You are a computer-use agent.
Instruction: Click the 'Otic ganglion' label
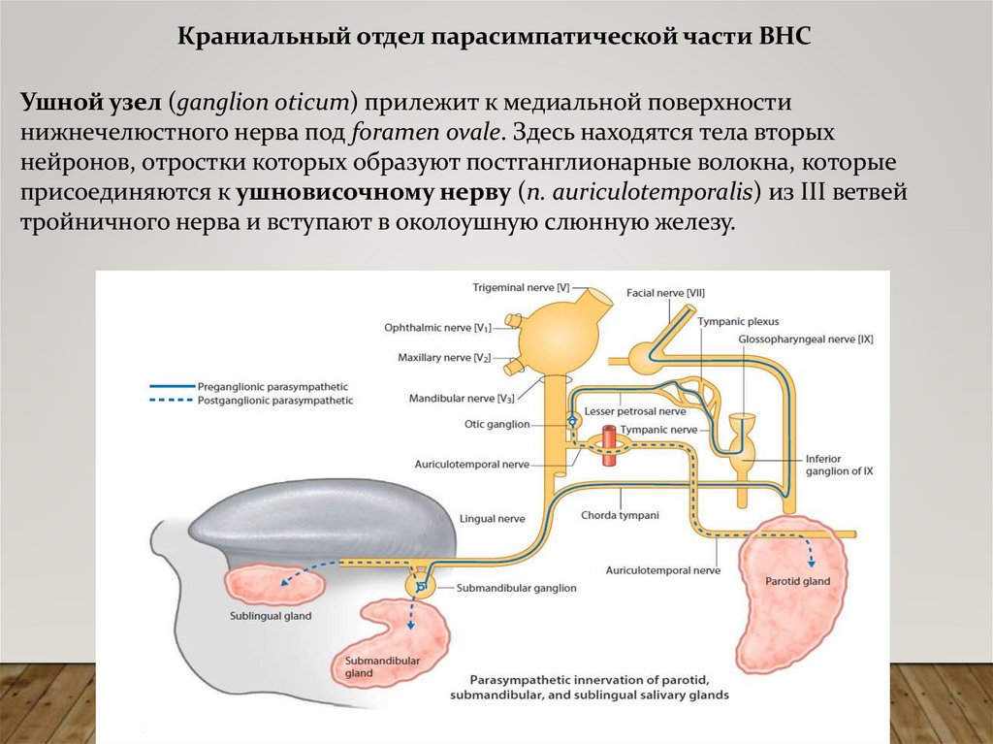(497, 424)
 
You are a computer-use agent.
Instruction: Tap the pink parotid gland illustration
(790, 592)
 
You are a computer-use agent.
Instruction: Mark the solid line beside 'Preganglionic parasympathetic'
(172, 386)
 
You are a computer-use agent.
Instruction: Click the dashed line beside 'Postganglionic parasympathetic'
(172, 400)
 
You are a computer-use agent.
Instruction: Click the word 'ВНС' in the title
(783, 36)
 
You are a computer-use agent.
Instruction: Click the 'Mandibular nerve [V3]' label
(461, 398)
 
